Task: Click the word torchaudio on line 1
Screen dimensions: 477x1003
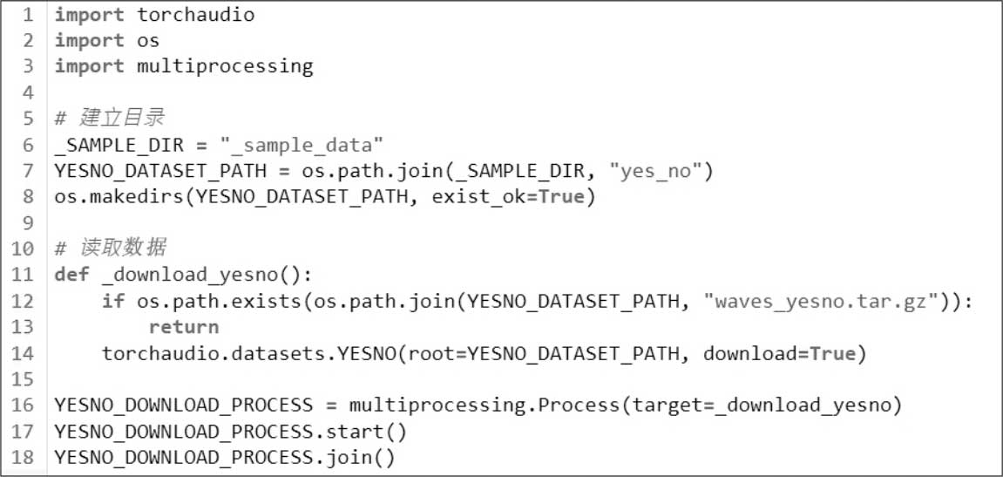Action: click(x=196, y=15)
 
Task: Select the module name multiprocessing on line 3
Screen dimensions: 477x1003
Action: click(x=225, y=66)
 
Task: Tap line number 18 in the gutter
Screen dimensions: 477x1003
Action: click(x=23, y=457)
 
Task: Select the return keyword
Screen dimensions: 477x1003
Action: click(x=184, y=327)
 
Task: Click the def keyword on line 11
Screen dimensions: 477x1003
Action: click(x=71, y=276)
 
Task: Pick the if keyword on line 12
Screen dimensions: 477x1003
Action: click(x=113, y=302)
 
